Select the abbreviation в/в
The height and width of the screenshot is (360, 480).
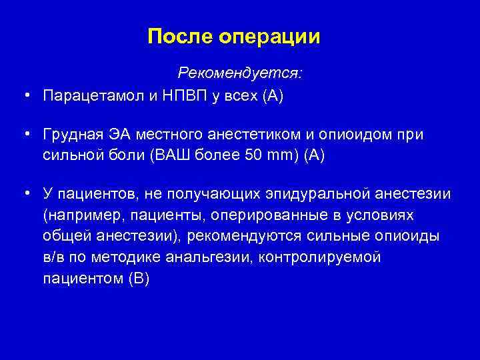(53, 257)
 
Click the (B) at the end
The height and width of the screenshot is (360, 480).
(138, 279)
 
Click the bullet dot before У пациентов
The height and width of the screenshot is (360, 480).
(25, 193)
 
